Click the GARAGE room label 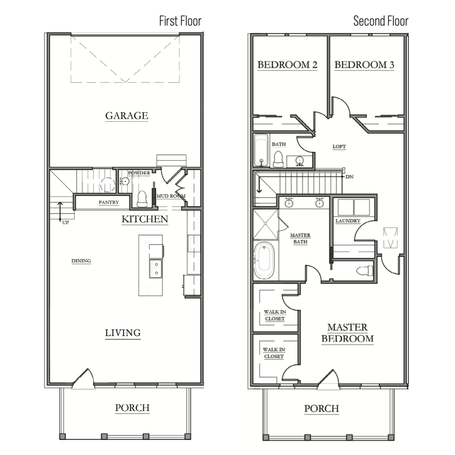127,116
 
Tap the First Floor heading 181,21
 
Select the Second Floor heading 381,21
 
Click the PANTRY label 109,202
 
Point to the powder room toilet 142,199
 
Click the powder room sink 124,181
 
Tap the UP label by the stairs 66,222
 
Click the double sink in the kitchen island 156,269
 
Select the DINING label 81,261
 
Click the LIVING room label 123,333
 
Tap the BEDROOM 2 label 287,65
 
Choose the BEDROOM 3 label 364,65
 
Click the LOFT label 339,147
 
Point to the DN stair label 349,177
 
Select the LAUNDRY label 348,221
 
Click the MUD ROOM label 171,196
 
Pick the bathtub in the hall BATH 261,150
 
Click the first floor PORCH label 132,408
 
